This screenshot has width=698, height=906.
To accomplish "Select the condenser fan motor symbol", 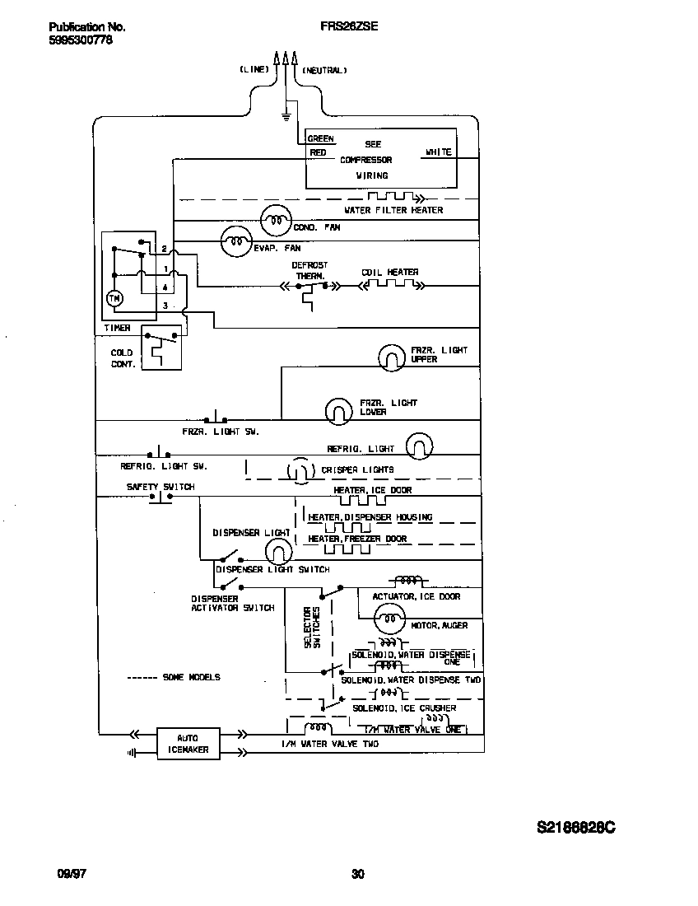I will point(275,220).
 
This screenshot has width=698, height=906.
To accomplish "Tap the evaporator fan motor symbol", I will point(235,241).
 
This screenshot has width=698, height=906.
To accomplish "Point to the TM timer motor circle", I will point(115,299).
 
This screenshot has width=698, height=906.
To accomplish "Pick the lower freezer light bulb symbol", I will point(337,410).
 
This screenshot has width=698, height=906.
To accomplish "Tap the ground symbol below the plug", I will point(286,116).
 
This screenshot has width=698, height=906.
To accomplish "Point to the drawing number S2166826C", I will point(575,827).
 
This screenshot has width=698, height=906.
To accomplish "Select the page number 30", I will point(357,874).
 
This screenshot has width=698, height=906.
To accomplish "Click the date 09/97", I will point(72,874).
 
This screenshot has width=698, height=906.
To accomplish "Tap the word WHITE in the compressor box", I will point(438,152).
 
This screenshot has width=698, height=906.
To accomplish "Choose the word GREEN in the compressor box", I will point(321,139).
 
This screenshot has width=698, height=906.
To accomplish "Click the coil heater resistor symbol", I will point(391,286).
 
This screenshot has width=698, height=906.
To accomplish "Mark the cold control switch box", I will point(161,348).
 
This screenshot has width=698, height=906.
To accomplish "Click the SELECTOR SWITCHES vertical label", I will point(311,628).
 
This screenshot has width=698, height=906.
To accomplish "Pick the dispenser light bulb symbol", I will point(280,553).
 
